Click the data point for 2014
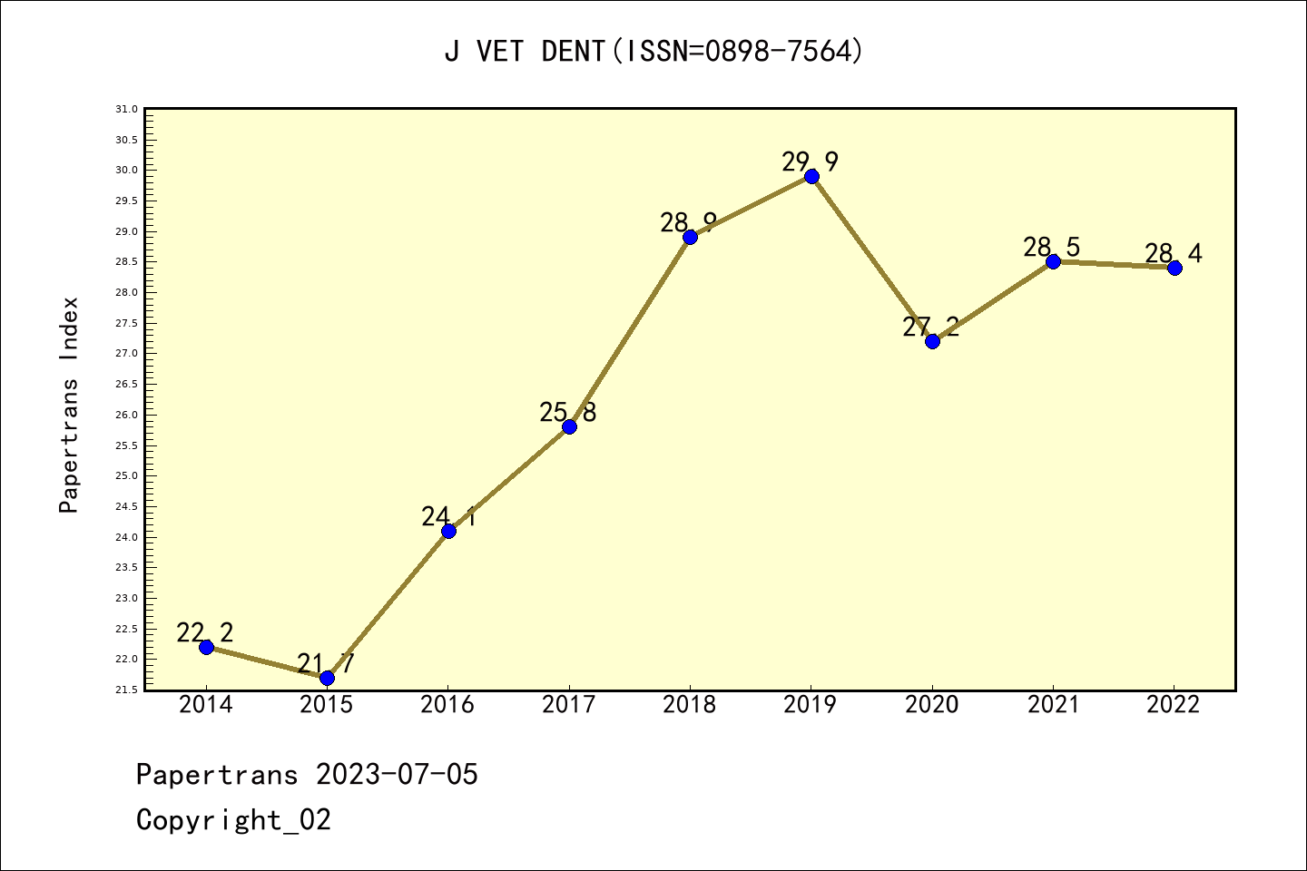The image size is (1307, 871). pos(206,647)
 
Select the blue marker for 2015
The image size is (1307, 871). pos(327,678)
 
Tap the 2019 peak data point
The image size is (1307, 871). pos(811,176)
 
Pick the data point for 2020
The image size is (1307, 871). pos(932,341)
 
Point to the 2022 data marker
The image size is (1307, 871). pos(1174,268)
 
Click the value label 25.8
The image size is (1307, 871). pos(568,413)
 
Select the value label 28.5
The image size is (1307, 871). pos(1052,247)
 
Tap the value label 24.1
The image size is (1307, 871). pos(447,517)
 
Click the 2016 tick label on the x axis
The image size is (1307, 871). pos(447,705)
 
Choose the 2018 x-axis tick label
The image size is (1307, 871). pos(690,705)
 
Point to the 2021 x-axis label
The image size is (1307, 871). pos(1053,705)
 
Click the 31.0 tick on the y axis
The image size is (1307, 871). pos(126,110)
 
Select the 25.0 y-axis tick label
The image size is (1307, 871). pos(126,476)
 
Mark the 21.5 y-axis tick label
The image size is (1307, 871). pos(126,690)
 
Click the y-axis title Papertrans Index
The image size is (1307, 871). pos(70,405)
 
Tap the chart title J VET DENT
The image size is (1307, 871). pos(525,52)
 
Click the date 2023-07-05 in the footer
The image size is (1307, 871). pos(397,775)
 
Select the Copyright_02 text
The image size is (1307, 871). pos(233,820)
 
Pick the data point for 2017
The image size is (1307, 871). pos(569,426)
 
